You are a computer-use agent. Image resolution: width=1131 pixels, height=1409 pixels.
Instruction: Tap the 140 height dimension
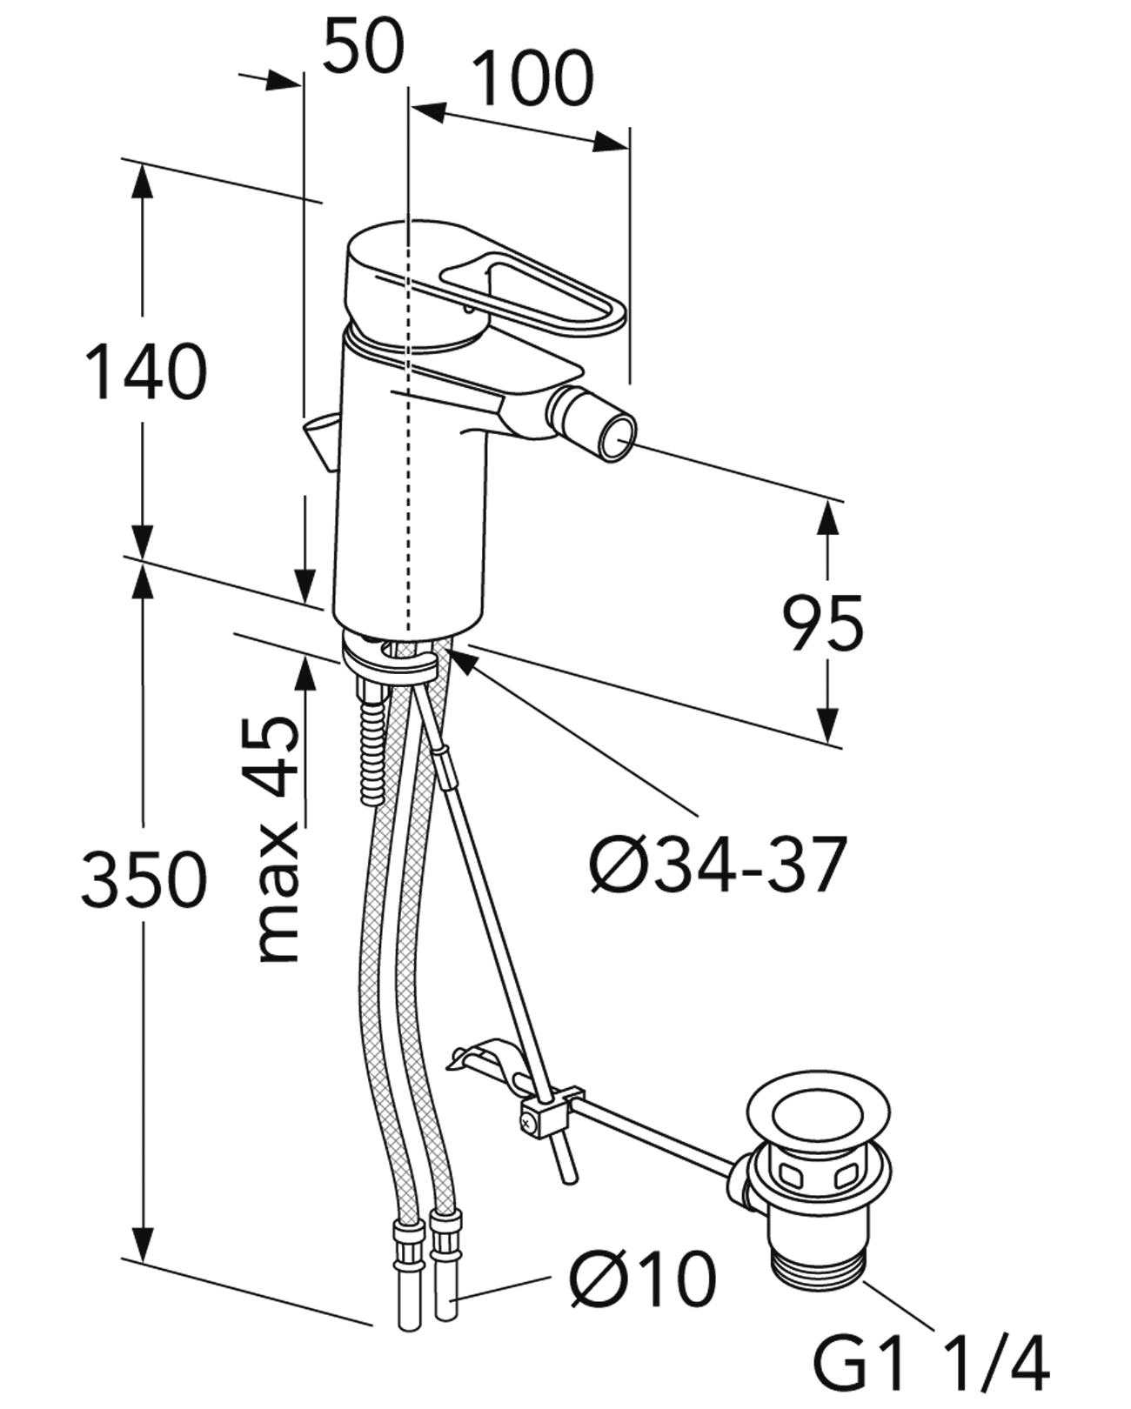tap(145, 372)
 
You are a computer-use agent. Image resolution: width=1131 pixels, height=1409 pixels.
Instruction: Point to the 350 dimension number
tap(144, 879)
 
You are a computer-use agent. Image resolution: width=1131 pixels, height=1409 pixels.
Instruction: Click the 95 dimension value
tap(822, 623)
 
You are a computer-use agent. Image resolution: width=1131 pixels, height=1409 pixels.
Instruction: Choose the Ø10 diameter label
tap(643, 1279)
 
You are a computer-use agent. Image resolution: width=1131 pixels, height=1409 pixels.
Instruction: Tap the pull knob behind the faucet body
tap(320, 437)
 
